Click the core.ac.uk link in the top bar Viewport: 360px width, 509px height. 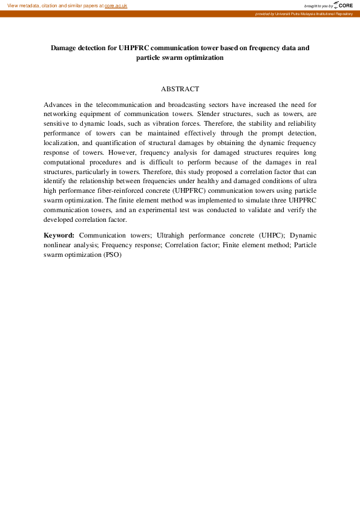click(116, 5)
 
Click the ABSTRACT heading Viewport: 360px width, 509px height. click(180, 89)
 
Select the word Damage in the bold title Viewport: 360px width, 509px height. click(67, 47)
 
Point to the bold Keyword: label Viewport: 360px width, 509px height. click(59, 235)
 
